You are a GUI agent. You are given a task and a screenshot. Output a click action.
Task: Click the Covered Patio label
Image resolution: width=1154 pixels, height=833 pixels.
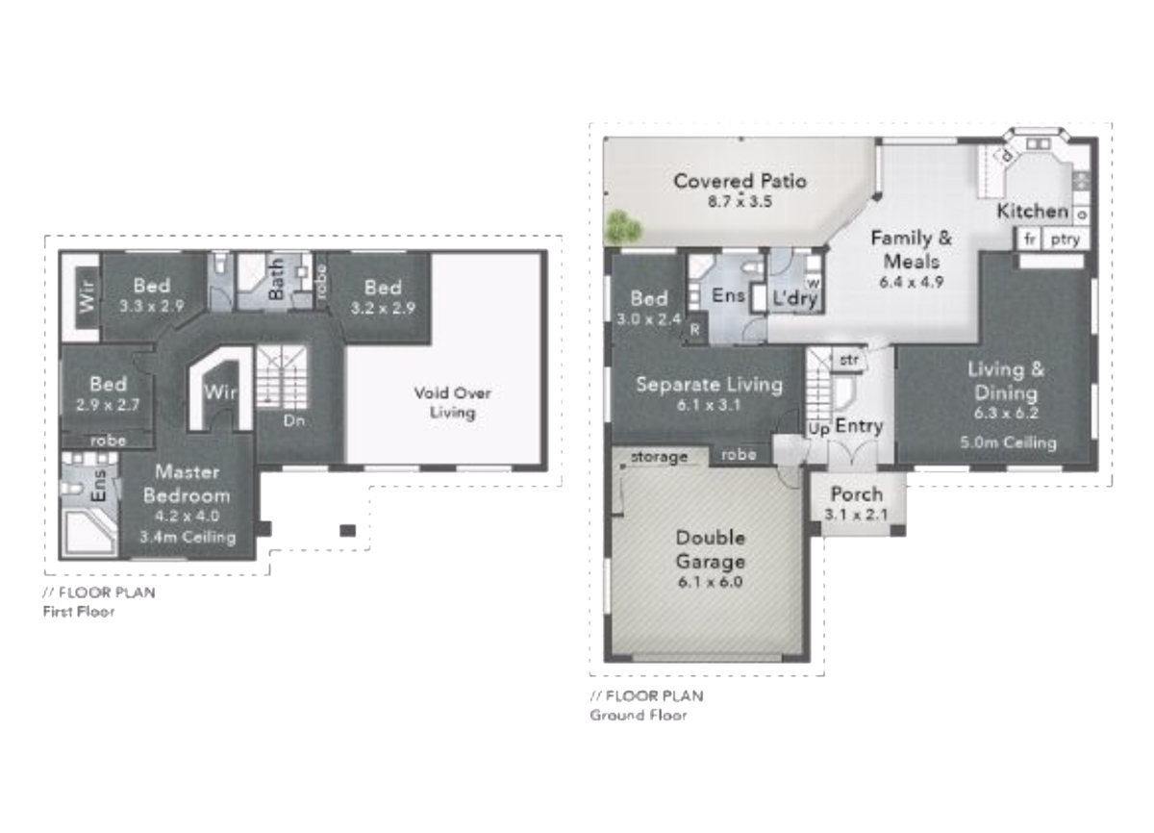click(x=740, y=182)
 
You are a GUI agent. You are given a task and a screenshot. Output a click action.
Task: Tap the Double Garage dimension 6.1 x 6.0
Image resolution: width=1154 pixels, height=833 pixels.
click(x=710, y=582)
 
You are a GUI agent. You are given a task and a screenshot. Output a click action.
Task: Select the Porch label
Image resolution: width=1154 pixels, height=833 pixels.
click(x=857, y=494)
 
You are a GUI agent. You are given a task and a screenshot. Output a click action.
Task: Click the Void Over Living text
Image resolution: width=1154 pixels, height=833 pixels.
click(x=452, y=403)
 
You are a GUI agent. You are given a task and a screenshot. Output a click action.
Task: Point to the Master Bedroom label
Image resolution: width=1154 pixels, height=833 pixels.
click(x=187, y=484)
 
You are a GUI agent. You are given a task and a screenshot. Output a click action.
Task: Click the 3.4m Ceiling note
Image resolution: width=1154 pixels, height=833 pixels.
click(x=188, y=538)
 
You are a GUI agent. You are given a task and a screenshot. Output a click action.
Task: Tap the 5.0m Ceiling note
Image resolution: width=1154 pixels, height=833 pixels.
click(x=1008, y=442)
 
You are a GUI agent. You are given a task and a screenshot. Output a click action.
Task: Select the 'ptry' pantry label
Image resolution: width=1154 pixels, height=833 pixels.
click(x=1066, y=240)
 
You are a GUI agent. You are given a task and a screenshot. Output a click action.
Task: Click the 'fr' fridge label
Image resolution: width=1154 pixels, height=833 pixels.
click(x=1030, y=239)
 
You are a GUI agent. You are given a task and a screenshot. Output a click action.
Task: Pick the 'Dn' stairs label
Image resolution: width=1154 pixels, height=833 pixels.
click(x=294, y=421)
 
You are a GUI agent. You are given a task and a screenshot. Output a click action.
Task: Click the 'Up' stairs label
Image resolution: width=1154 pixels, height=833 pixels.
click(x=818, y=429)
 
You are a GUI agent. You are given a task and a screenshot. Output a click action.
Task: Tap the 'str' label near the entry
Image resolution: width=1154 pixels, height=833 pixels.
click(x=849, y=360)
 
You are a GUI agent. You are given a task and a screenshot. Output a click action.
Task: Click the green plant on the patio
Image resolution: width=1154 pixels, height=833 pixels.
click(x=623, y=227)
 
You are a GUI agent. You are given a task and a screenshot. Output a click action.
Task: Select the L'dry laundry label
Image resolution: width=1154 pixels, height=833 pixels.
click(x=795, y=298)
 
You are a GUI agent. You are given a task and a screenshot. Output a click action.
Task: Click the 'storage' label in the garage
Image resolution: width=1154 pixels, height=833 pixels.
click(x=659, y=458)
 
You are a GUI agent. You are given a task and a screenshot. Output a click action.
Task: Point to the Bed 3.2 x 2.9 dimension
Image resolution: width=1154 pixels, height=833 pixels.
click(x=383, y=308)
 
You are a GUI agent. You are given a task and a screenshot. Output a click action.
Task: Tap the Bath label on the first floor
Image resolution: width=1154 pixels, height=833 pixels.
click(x=276, y=279)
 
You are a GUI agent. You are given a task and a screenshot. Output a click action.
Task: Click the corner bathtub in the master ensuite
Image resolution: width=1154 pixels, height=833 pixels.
click(x=88, y=532)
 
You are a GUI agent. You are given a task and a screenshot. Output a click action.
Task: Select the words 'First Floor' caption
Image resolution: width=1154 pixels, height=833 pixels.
click(x=79, y=612)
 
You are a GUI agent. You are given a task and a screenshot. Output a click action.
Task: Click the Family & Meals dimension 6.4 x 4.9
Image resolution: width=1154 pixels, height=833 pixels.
click(x=911, y=282)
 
